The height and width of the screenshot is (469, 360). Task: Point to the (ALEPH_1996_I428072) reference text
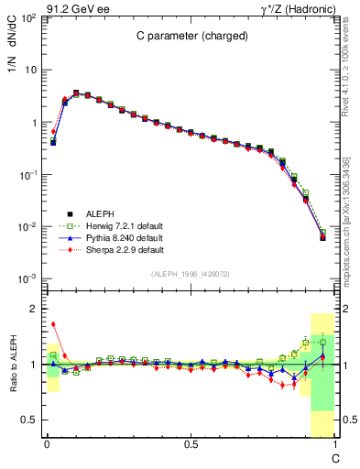tap(190, 274)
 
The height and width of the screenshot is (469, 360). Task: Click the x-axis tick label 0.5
tap(190, 442)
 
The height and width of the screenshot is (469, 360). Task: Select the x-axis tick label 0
tap(46, 442)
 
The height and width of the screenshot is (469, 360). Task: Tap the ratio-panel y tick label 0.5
tap(30, 420)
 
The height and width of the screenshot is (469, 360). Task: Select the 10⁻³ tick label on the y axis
tap(27, 278)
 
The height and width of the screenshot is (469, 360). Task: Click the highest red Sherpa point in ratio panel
tap(53, 323)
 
